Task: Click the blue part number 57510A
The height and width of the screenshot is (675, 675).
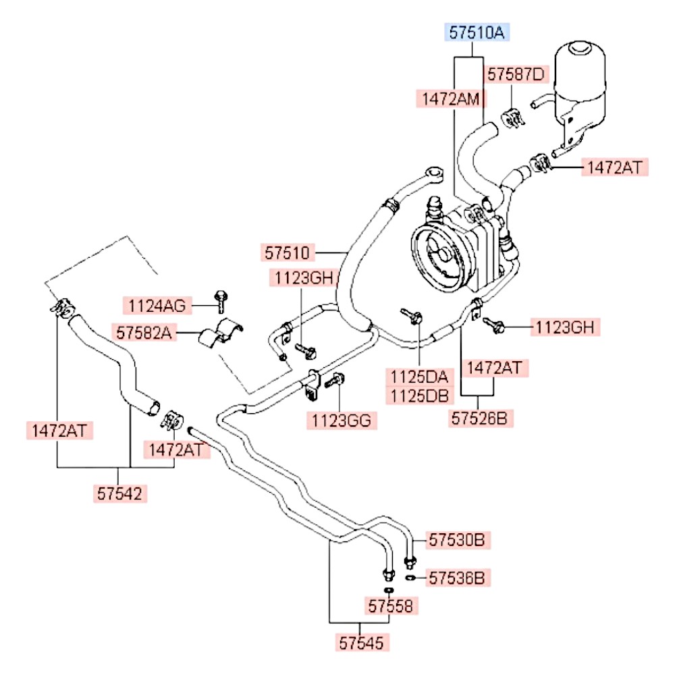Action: coord(477,32)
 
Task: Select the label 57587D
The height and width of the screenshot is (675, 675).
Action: coord(516,74)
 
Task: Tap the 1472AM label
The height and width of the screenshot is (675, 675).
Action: coord(451,99)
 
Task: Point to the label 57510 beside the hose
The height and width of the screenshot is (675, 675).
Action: coord(288,252)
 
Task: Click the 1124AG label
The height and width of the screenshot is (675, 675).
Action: coord(157,306)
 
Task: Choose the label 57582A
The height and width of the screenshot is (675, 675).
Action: coord(144,333)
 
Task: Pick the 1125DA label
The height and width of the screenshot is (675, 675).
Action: coord(419,377)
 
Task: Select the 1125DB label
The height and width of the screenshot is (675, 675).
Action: coord(419,396)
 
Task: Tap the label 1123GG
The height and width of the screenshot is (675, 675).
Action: coord(342,421)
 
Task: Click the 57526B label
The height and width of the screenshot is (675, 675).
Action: coord(479,418)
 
